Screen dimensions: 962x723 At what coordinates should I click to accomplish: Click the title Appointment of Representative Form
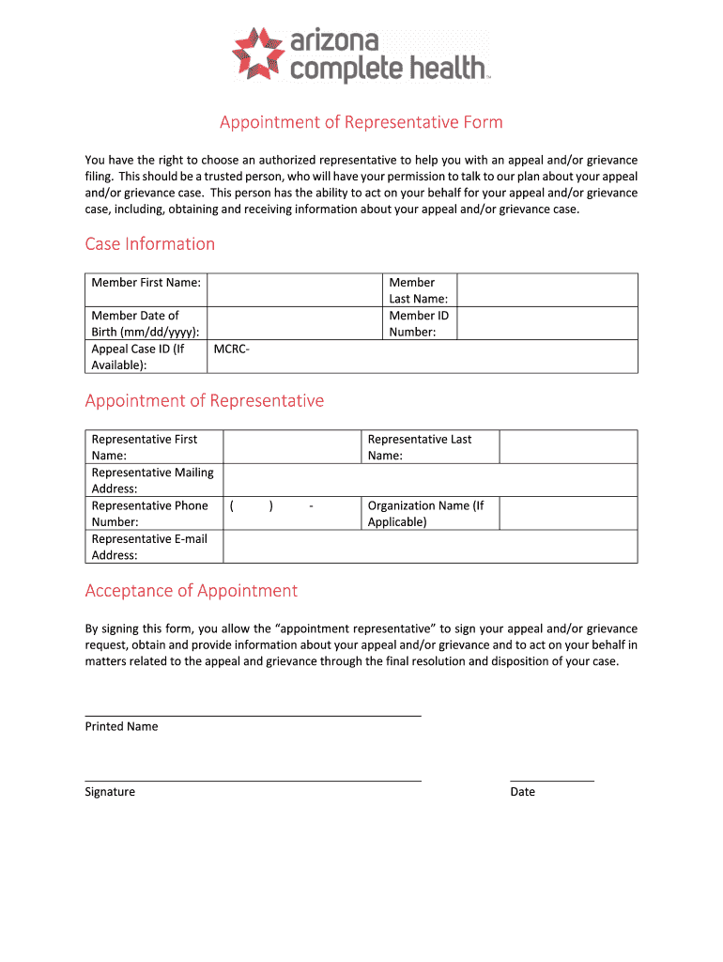pos(361,122)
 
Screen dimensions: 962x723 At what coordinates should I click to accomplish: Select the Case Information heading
pos(150,244)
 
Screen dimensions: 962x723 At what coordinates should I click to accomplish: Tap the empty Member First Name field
pos(294,289)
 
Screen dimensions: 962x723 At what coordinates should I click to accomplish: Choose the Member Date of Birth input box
pos(294,323)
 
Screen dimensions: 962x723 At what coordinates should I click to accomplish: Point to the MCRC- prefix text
pos(232,349)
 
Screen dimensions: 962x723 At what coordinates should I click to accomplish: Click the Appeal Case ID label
pos(138,357)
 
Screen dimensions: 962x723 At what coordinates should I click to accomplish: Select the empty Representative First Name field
pos(292,447)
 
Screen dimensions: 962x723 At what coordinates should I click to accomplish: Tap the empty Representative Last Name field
pos(568,447)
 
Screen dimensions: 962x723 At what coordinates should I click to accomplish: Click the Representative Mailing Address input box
pos(430,480)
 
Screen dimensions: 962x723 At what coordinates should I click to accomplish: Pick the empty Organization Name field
pos(568,513)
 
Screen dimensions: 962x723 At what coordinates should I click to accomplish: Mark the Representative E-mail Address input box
pos(430,547)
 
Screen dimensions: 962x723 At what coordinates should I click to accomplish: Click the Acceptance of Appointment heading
pos(192,591)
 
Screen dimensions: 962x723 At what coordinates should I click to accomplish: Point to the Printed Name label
pos(122,726)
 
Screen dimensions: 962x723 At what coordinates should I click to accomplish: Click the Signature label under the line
pos(110,792)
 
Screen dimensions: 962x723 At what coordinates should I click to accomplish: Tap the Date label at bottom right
pos(522,792)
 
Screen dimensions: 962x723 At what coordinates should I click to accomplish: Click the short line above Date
pos(552,781)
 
